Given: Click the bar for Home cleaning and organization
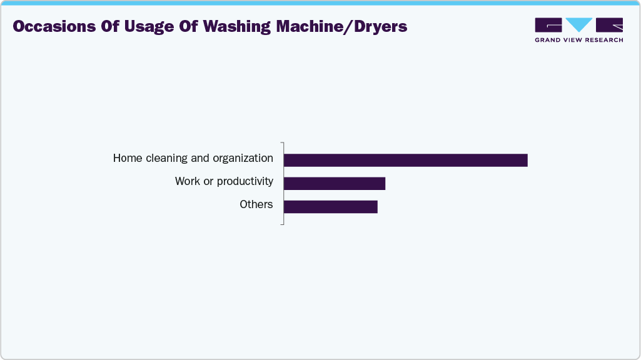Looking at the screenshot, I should [405, 160].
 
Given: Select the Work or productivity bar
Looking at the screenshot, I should [334, 183].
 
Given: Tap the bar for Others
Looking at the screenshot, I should [330, 206].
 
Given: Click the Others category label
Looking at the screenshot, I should [256, 204].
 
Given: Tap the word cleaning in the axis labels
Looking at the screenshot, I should [167, 159].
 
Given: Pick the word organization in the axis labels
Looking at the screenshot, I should [243, 159].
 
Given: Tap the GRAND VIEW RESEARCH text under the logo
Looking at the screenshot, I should [579, 40].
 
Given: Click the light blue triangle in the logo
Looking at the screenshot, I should [578, 24].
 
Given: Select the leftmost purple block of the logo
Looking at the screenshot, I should [548, 25].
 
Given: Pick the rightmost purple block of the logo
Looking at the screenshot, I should [609, 25].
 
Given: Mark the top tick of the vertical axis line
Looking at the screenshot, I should [282, 142].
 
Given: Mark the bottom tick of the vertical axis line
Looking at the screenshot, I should [282, 224].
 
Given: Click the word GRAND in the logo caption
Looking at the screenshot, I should [547, 40].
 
